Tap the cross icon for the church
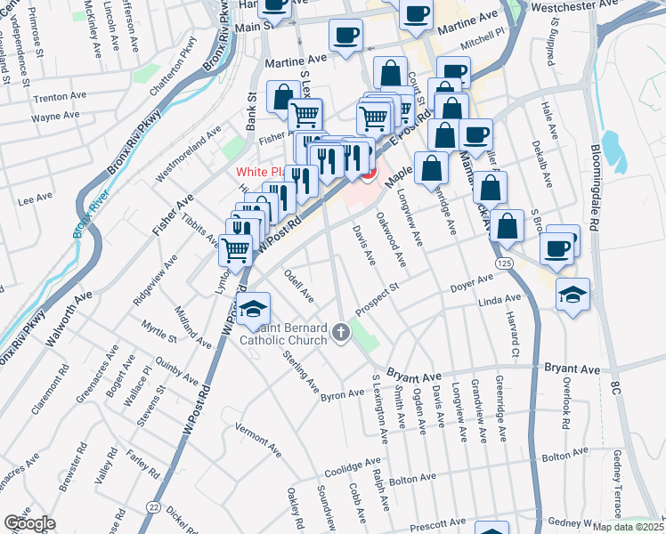pyautogui.click(x=340, y=334)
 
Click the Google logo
pyautogui.click(x=29, y=523)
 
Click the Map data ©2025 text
pyautogui.click(x=629, y=527)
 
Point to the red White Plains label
pyautogui.click(x=261, y=172)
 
